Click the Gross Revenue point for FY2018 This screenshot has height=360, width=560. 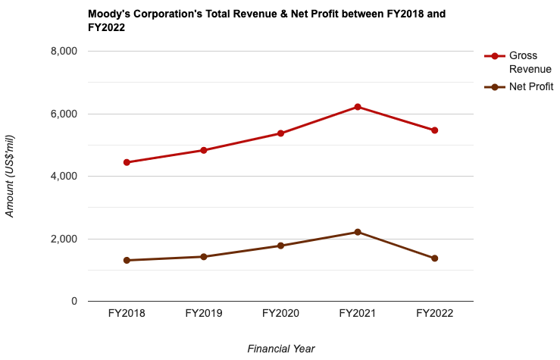pyautogui.click(x=127, y=162)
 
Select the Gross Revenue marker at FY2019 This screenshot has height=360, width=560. pyautogui.click(x=204, y=150)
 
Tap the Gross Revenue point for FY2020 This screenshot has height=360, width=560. pyautogui.click(x=280, y=133)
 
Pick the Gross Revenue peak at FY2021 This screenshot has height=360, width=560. pyautogui.click(x=358, y=107)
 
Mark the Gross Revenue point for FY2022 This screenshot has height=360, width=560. pyautogui.click(x=435, y=130)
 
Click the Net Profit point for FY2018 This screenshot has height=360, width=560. pyautogui.click(x=127, y=261)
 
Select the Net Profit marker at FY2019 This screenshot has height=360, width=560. pyautogui.click(x=204, y=257)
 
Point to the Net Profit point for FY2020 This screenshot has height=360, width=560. pyautogui.click(x=280, y=246)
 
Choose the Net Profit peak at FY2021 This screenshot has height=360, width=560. pyautogui.click(x=358, y=232)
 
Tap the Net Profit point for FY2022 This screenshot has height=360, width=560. pyautogui.click(x=435, y=258)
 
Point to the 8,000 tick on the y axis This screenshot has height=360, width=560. pyautogui.click(x=63, y=51)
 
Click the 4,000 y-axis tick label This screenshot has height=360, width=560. pyautogui.click(x=63, y=176)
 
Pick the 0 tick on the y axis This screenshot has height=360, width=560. pyautogui.click(x=74, y=302)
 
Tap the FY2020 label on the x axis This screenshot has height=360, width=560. pyautogui.click(x=280, y=313)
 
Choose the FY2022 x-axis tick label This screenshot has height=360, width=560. pyautogui.click(x=435, y=313)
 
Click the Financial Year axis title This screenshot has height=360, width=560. pyautogui.click(x=280, y=349)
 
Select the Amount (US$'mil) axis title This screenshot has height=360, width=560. pyautogui.click(x=10, y=176)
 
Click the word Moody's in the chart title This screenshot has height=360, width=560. pyautogui.click(x=110, y=14)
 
